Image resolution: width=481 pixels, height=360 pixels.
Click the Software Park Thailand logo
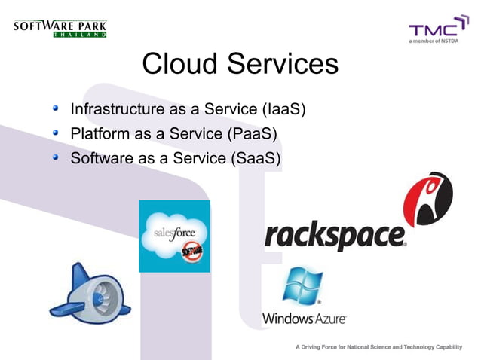[x=60, y=29]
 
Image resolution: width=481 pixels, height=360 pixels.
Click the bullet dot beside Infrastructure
[x=55, y=109]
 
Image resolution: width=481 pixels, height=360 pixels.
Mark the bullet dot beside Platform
[x=55, y=134]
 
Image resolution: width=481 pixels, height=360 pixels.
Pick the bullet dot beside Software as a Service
[x=55, y=158]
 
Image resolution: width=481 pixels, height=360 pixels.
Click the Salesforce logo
[x=174, y=236]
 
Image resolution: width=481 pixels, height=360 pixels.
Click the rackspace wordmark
[x=335, y=236]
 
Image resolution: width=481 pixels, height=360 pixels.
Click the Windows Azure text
[x=304, y=319]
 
